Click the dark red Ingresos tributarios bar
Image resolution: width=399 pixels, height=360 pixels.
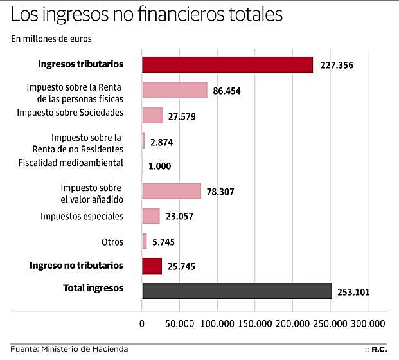point(227,65)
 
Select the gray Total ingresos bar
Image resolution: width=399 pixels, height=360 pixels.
point(236,291)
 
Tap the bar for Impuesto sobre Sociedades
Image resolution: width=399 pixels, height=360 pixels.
point(152,115)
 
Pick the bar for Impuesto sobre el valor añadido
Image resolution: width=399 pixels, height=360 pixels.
point(172,191)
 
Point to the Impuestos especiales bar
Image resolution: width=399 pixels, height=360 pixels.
point(151,216)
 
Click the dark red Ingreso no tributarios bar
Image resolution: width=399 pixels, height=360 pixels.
point(152,265)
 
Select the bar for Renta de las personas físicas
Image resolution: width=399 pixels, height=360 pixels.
point(174,90)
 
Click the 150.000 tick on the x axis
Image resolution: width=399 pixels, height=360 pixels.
point(255,323)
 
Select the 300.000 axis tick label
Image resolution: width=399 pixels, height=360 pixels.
point(368,323)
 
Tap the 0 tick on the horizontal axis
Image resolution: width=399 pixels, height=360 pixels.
point(142,323)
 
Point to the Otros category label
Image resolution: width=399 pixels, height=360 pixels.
point(112,241)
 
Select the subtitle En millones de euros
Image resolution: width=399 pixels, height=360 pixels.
point(51,39)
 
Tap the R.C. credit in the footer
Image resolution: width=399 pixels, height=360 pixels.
point(379,349)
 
